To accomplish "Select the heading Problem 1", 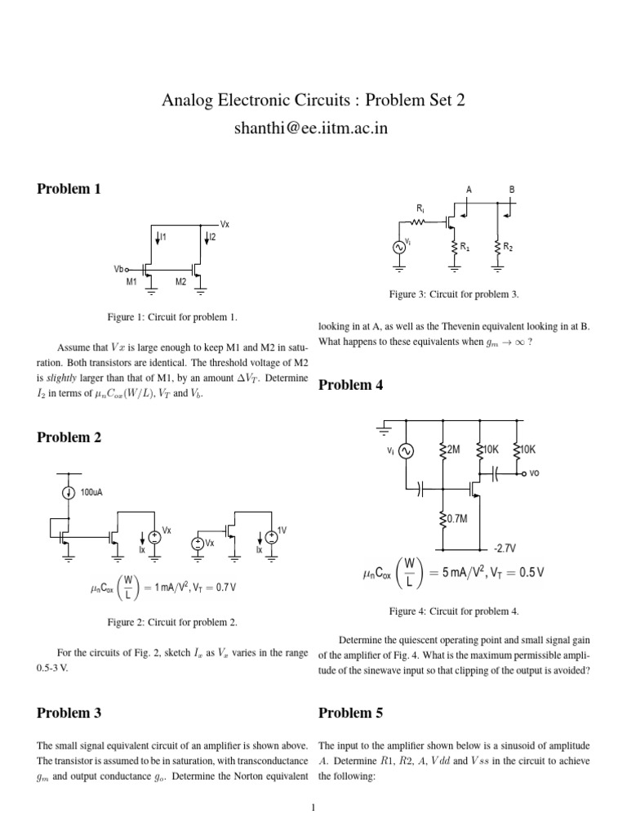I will coord(69,189).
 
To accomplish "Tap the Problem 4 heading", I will coord(350,385).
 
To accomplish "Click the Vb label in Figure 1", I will coord(119,269).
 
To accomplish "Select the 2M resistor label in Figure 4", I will coord(453,450).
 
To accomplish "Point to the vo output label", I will coord(535,472).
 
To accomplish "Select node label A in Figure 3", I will coord(469,190).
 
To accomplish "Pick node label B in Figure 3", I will coord(512,190).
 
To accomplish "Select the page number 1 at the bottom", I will coord(313,809).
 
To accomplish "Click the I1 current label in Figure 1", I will coord(162,236).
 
